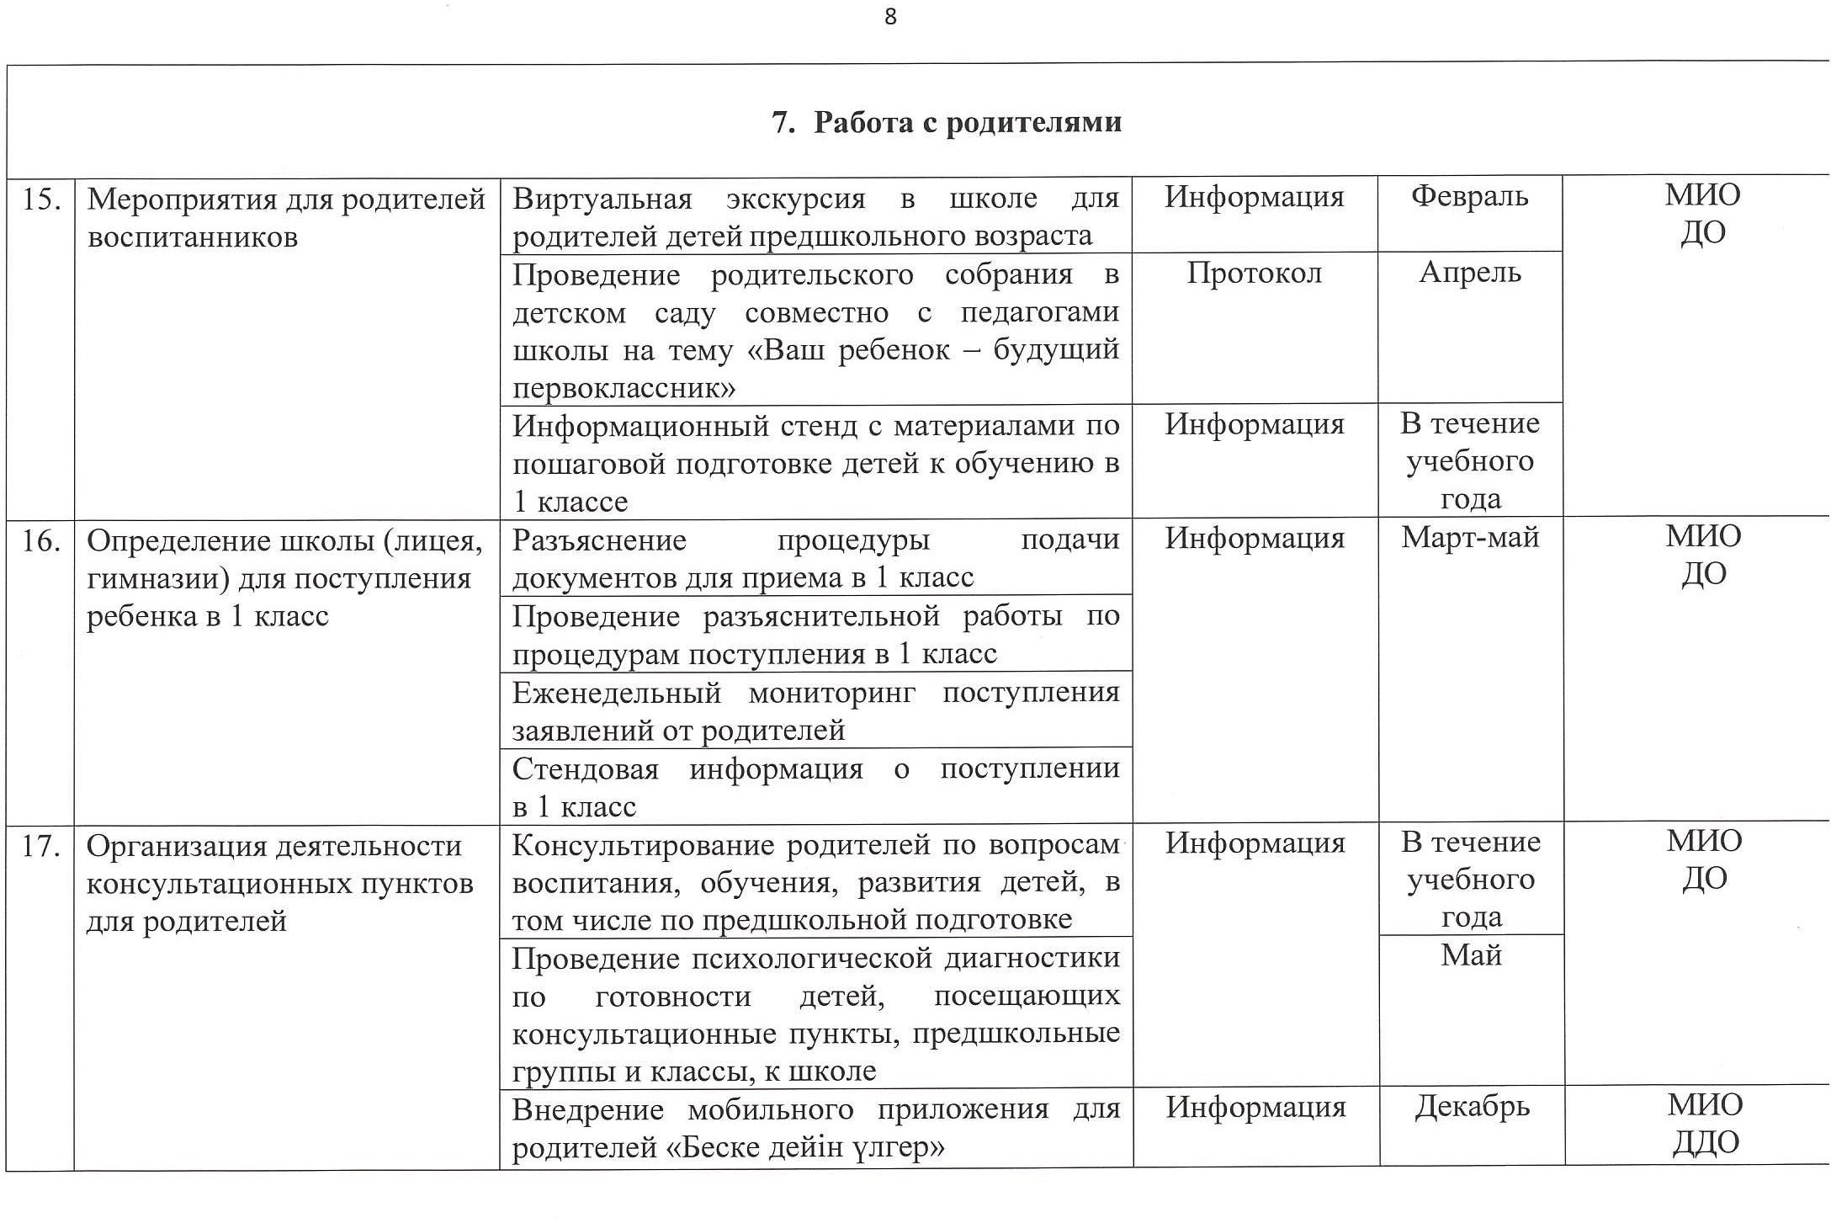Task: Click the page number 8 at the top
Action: coord(890,18)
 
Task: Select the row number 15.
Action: coord(40,199)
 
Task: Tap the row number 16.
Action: coord(40,540)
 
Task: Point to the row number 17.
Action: coord(40,845)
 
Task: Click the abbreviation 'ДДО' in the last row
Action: coord(1705,1143)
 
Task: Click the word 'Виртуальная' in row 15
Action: coord(602,199)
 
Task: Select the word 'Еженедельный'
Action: coord(617,693)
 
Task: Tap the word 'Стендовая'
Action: coord(585,768)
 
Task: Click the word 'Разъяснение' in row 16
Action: coord(599,540)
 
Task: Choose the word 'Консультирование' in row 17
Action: coord(642,844)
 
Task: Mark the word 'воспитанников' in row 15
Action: coord(193,237)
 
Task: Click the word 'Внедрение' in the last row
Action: coord(587,1109)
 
